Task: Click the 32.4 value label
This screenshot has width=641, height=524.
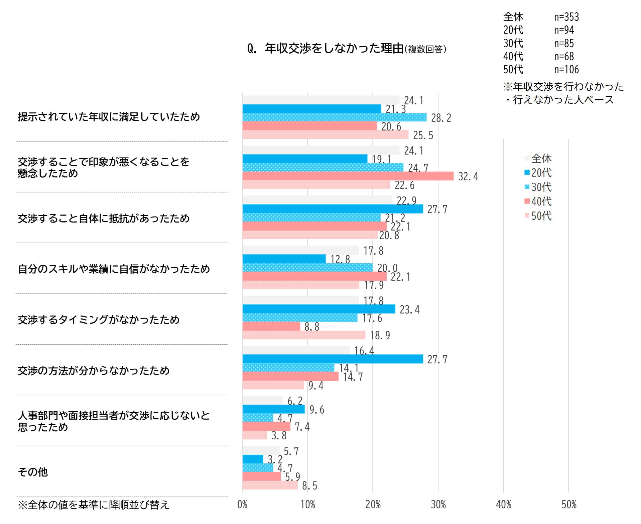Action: point(468,177)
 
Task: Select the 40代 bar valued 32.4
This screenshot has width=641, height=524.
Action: point(348,176)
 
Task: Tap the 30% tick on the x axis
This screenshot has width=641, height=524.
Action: point(438,505)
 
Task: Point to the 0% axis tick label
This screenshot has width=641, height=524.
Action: point(242,505)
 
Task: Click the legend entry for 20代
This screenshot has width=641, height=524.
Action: point(538,173)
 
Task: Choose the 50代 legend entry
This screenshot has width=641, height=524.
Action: point(538,216)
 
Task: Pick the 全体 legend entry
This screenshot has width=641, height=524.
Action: point(538,158)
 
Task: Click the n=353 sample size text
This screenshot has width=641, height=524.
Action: point(566,17)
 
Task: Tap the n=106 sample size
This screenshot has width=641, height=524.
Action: point(566,70)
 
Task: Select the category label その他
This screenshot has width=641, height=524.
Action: point(33,472)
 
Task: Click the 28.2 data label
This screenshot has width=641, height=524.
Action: point(441,118)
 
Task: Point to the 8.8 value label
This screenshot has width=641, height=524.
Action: point(311,327)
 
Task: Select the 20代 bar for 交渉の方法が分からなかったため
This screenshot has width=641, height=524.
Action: point(333,359)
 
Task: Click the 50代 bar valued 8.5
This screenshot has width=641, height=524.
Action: point(270,485)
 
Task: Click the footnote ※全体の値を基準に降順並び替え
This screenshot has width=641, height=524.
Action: point(94,505)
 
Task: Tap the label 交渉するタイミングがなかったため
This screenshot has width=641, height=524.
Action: point(99,320)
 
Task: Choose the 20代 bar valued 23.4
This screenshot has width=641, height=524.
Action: point(318,309)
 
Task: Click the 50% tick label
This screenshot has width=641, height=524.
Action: point(569,505)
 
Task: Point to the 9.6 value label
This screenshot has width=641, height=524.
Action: point(316,410)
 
